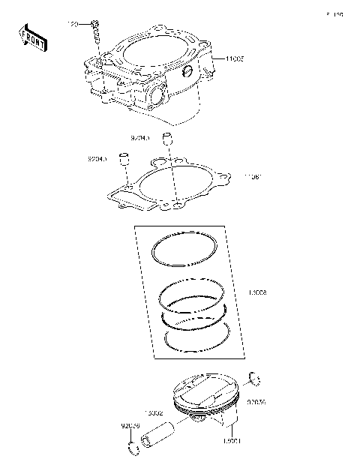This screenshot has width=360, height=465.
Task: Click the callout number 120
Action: pyautogui.click(x=73, y=25)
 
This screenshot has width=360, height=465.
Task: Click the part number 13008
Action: pyautogui.click(x=247, y=293)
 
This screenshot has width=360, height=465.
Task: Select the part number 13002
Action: pyautogui.click(x=154, y=413)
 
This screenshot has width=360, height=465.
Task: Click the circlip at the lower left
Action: pyautogui.click(x=133, y=450)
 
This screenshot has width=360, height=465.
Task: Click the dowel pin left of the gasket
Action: pyautogui.click(x=126, y=160)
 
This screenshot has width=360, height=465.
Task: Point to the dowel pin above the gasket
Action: pyautogui.click(x=169, y=139)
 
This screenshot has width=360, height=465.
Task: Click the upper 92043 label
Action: pyautogui.click(x=139, y=138)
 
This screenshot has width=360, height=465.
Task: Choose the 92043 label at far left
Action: pyautogui.click(x=97, y=159)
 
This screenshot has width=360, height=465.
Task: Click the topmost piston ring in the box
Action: pyautogui.click(x=184, y=250)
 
